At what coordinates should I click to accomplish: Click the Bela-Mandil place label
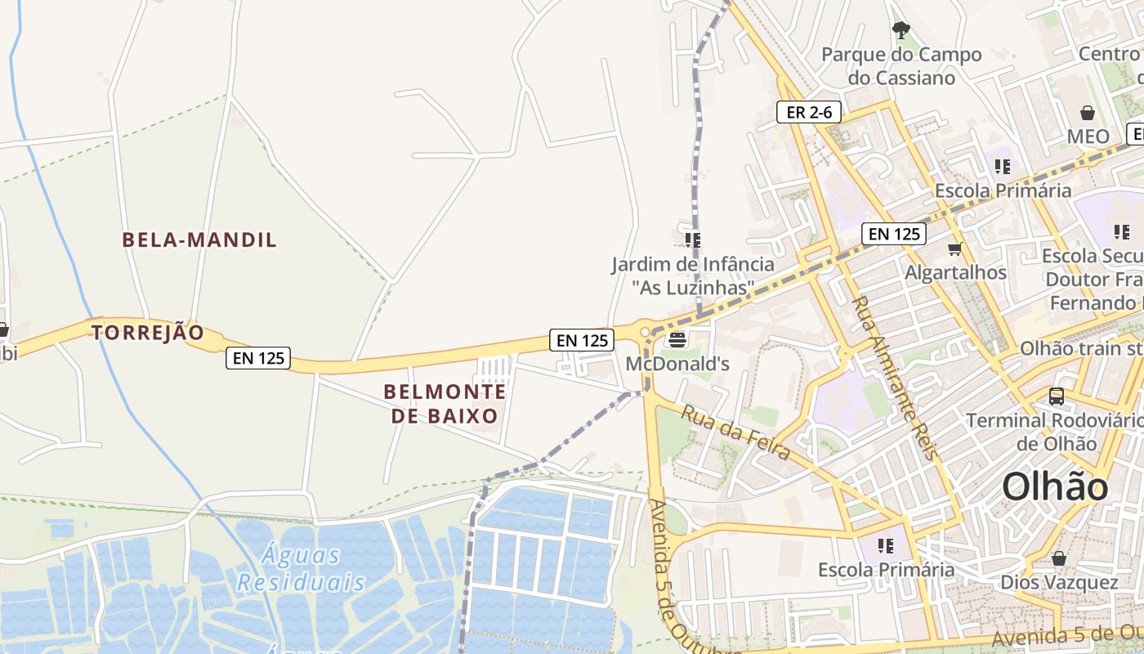[199, 240]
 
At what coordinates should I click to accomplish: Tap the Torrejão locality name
[147, 333]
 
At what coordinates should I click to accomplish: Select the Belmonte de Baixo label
[445, 404]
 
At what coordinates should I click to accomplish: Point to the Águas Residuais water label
[302, 569]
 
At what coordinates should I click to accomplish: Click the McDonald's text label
[677, 364]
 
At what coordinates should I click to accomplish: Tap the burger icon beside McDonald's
[677, 339]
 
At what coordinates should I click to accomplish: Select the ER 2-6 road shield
[809, 113]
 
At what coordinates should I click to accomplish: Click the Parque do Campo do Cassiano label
[901, 66]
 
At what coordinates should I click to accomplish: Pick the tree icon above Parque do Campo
[901, 31]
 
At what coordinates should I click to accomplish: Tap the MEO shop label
[1088, 137]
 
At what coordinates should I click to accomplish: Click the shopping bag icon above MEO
[1088, 113]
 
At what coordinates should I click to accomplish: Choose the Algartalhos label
[955, 272]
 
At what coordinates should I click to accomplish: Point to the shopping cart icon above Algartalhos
[954, 249]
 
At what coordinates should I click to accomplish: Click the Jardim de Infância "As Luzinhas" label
[693, 276]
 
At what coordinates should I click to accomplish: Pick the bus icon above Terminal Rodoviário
[1057, 396]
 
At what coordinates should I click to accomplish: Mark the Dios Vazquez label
[1059, 583]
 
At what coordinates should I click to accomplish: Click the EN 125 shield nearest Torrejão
[258, 357]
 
